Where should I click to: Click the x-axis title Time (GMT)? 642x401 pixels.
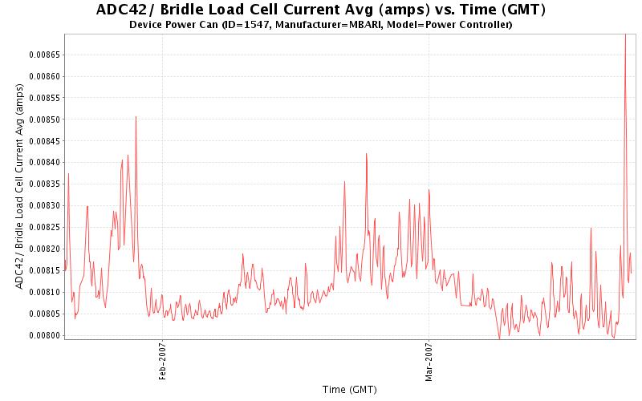point(349,390)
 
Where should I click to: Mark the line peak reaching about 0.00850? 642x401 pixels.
point(136,117)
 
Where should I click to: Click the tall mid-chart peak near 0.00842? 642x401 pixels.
point(366,154)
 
